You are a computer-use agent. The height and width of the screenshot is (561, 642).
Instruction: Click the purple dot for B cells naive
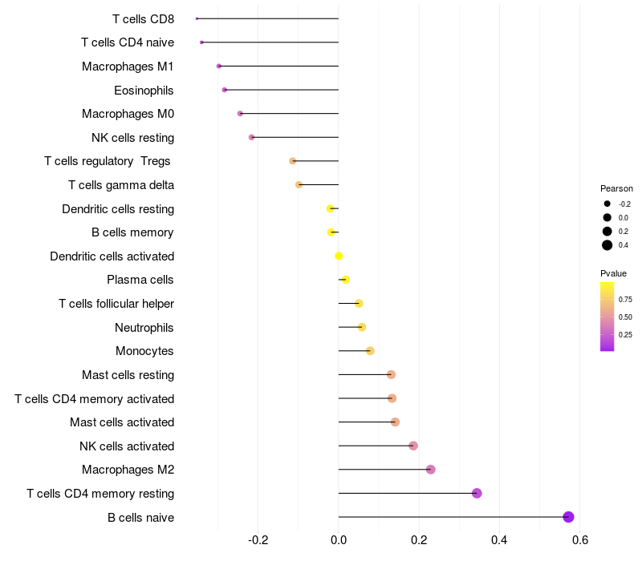click(568, 517)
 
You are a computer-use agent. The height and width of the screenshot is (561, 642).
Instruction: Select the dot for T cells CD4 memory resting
click(477, 493)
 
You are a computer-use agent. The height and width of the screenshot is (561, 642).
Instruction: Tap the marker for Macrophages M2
click(430, 470)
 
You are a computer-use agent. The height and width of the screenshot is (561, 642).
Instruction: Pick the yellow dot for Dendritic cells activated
click(339, 256)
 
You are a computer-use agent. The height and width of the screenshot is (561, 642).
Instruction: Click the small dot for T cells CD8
click(197, 18)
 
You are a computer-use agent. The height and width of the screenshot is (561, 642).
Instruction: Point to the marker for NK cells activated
click(413, 446)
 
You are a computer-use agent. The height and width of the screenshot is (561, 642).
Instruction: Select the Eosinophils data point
click(225, 90)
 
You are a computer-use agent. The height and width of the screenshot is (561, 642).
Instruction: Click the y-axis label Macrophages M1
click(128, 67)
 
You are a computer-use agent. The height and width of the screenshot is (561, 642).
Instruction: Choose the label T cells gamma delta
click(121, 185)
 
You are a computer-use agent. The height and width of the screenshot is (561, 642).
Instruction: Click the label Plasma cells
click(140, 280)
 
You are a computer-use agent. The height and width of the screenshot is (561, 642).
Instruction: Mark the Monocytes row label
click(144, 351)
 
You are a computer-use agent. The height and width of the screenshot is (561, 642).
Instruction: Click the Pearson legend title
click(616, 188)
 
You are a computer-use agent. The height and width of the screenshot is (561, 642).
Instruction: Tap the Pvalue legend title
click(614, 273)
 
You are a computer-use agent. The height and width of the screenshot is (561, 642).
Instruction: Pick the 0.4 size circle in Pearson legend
click(607, 245)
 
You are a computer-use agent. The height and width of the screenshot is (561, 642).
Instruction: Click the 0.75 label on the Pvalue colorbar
click(625, 300)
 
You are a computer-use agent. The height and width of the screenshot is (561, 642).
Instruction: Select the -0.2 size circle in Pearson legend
click(607, 204)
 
